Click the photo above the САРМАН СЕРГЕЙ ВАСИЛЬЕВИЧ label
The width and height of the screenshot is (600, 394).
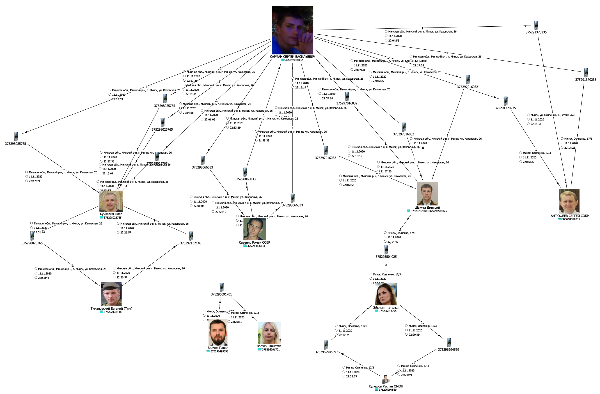click(292, 30)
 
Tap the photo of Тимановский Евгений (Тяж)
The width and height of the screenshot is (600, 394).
click(111, 294)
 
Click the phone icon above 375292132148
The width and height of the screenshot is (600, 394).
click(191, 236)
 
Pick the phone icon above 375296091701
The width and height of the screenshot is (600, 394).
click(222, 287)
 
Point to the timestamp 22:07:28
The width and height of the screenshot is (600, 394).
click(359, 70)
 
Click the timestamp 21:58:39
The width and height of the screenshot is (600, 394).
click(264, 141)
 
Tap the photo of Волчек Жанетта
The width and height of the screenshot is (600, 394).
click(269, 333)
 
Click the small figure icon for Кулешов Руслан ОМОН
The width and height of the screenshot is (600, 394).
click(385, 379)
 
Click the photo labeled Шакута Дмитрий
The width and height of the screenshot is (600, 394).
click(427, 193)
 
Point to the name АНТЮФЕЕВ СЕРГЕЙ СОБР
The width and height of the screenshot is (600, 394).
click(570, 216)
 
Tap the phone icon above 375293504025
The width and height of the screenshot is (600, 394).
click(386, 249)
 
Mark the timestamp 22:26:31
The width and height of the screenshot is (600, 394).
click(236, 322)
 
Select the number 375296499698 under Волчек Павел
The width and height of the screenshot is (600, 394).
click(219, 351)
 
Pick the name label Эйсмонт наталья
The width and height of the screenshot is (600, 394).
click(386, 308)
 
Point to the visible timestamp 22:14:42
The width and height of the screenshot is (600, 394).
click(393, 242)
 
